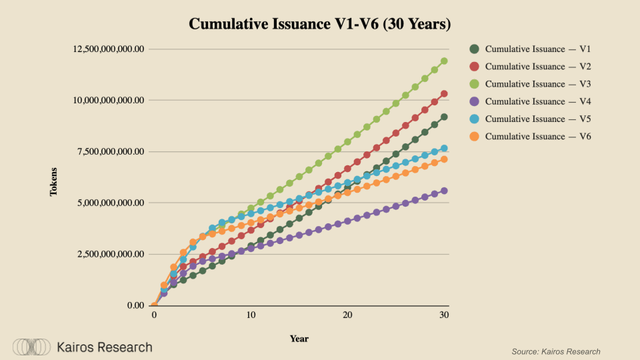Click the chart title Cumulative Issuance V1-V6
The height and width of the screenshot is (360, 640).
320,24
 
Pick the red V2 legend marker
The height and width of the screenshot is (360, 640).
475,67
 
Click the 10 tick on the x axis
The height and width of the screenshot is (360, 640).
251,315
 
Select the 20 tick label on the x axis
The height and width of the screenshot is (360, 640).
347,315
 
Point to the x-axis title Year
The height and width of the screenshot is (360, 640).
299,339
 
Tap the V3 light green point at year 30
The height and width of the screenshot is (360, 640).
444,61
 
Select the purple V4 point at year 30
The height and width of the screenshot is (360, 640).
444,191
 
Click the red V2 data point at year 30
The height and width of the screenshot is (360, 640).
444,94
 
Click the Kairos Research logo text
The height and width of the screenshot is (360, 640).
105,347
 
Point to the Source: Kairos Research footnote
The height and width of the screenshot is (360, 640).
556,351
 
